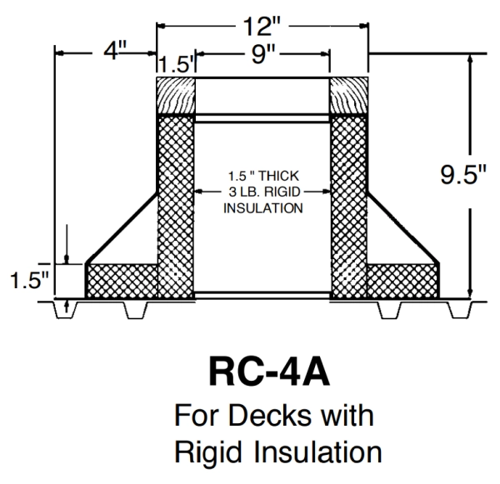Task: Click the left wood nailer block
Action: click(x=176, y=95)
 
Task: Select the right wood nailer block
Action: click(x=349, y=95)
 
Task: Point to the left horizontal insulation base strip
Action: click(x=122, y=280)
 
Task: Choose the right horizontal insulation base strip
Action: click(x=402, y=280)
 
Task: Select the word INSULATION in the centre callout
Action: click(x=262, y=207)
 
